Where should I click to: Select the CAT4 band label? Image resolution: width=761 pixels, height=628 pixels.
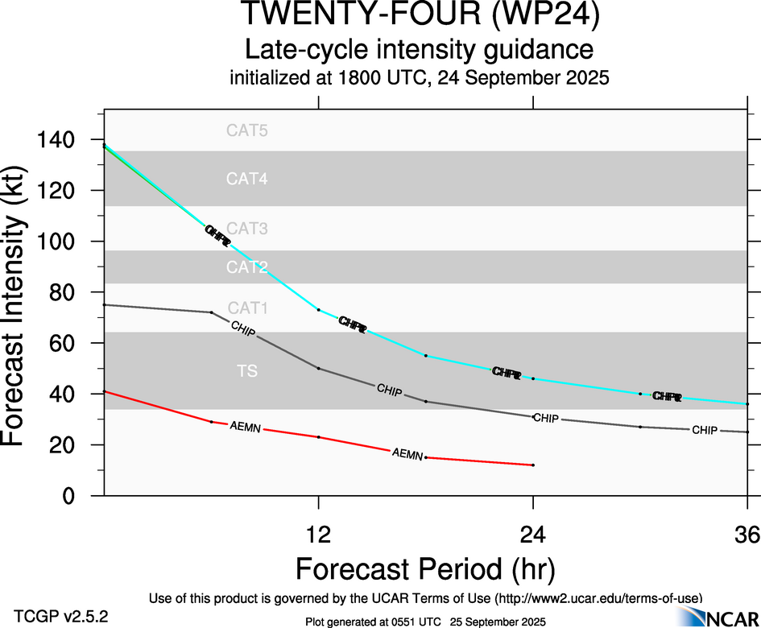(x=246, y=179)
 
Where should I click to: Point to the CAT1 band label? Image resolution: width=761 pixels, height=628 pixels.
(x=246, y=308)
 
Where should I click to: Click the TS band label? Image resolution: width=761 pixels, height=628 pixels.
(x=246, y=370)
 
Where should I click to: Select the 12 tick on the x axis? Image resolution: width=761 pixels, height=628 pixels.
(x=319, y=534)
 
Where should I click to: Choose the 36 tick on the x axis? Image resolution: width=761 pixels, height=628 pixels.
(x=747, y=534)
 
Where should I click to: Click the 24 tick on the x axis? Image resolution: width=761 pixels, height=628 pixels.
(x=533, y=534)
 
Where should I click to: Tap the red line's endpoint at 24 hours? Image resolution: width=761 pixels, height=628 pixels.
(x=533, y=465)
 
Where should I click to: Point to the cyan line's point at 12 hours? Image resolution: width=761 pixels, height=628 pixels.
(x=319, y=309)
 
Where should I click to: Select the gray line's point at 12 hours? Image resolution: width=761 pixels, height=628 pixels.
(x=319, y=368)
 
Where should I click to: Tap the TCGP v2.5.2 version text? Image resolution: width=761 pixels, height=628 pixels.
(x=61, y=617)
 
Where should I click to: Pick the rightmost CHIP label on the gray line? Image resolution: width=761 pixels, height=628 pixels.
(x=705, y=431)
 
